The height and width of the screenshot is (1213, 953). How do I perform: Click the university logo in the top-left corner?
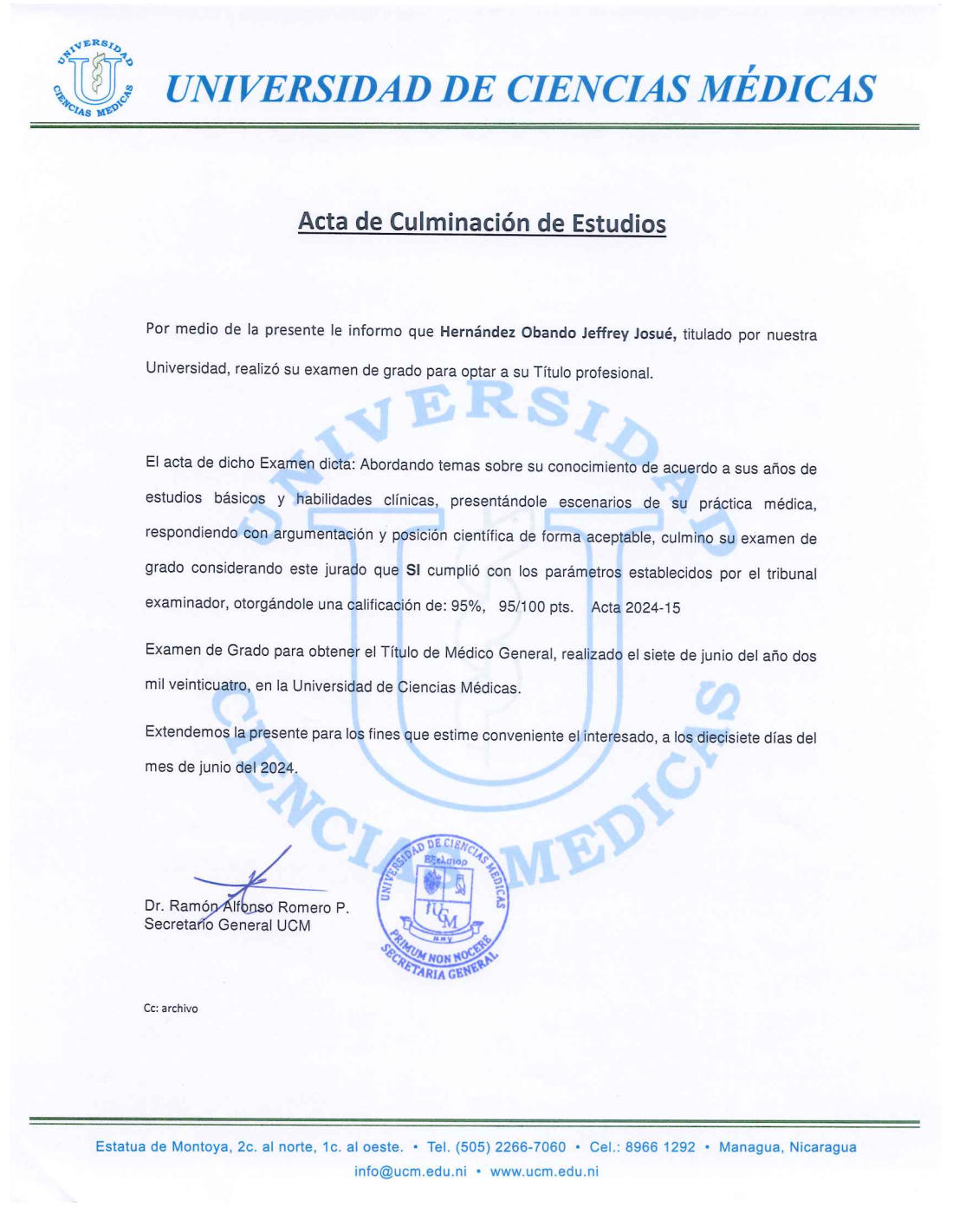tap(94, 79)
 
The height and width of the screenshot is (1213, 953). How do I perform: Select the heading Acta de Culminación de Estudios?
tap(482, 223)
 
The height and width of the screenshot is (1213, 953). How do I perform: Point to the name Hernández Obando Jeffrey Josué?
tap(557, 333)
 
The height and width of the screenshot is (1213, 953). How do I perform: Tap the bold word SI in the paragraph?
tap(413, 571)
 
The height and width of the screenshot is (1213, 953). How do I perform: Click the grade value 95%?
tap(468, 606)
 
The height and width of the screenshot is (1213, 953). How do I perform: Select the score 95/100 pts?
tap(535, 606)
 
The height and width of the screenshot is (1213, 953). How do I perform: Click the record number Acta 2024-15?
tap(636, 607)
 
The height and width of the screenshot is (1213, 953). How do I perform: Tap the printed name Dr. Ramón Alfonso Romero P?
tap(247, 907)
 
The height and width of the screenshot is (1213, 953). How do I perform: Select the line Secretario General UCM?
tap(227, 925)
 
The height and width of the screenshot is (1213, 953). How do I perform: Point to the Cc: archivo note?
tap(171, 1009)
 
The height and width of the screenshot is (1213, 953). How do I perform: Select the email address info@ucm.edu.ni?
tap(411, 1171)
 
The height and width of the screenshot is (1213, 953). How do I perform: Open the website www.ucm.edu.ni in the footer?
tap(544, 1171)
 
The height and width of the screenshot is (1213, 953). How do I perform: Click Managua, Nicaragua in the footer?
tap(788, 1147)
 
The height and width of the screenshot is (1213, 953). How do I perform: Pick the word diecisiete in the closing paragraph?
tap(729, 737)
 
